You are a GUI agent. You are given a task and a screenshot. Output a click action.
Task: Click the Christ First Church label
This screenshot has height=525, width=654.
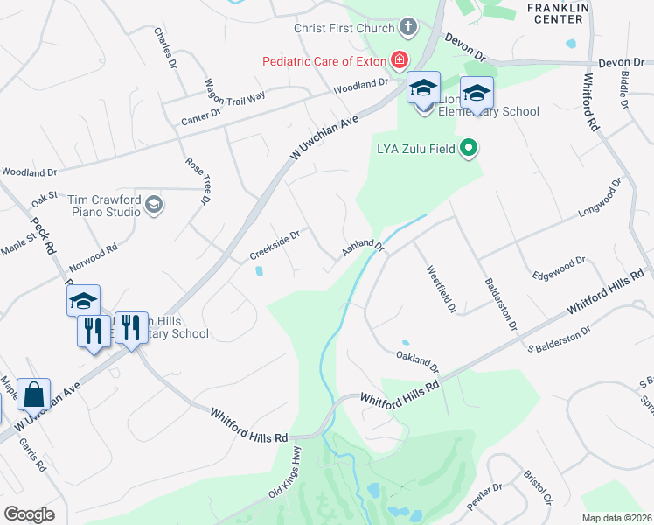click(344, 28)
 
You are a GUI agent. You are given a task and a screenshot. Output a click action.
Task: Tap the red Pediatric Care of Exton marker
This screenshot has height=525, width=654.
click(400, 60)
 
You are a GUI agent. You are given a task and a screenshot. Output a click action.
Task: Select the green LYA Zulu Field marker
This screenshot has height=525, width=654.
click(470, 149)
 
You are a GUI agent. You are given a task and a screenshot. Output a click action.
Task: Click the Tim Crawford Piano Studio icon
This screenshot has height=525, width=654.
click(154, 205)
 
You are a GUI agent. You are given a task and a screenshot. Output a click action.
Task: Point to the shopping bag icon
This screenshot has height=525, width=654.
click(33, 395)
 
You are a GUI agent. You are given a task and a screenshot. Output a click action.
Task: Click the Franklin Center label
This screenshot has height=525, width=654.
click(555, 12)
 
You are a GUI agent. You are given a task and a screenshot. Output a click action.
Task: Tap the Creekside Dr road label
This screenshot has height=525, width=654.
click(275, 244)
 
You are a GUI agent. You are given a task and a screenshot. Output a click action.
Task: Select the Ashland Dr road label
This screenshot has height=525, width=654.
click(363, 248)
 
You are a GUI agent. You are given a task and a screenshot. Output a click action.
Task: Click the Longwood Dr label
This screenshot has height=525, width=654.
click(599, 200)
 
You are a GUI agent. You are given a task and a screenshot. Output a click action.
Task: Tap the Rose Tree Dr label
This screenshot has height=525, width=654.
click(199, 180)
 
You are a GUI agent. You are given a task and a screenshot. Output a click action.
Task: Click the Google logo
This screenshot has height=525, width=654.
click(29, 514)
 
